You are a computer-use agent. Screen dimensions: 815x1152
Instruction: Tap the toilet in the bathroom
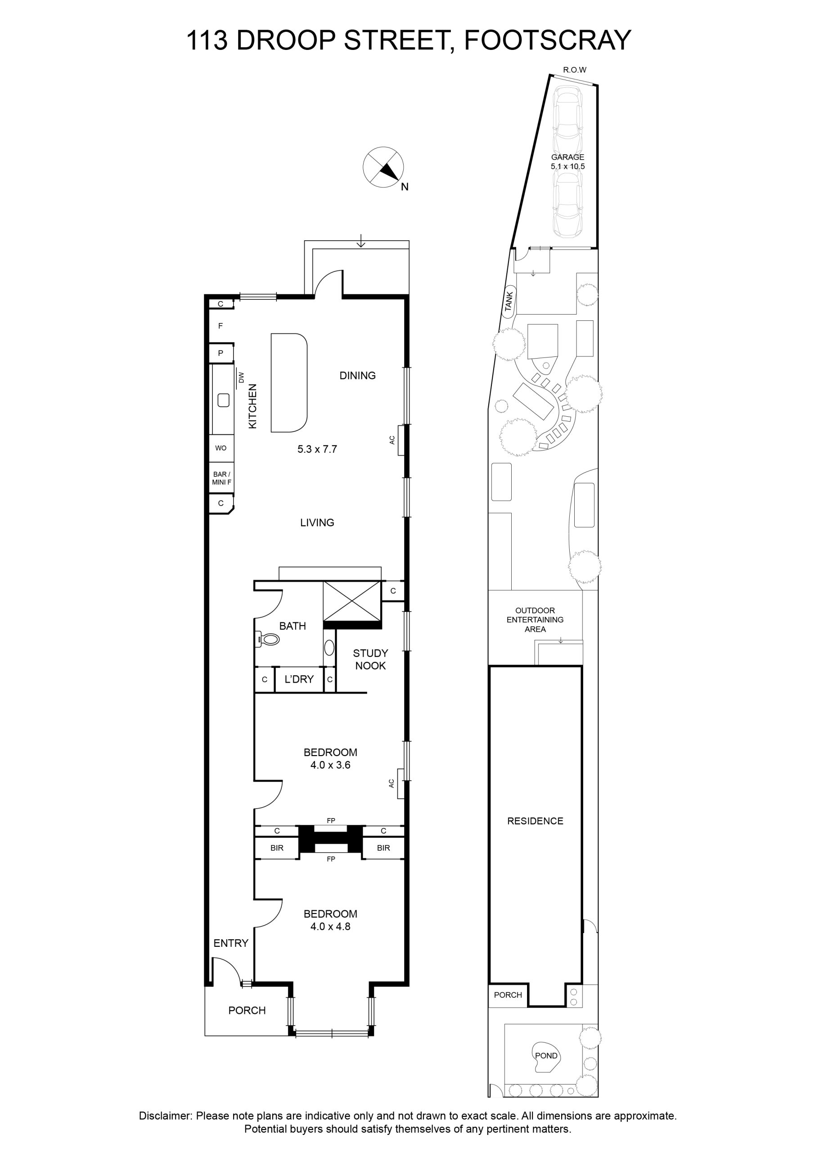pyautogui.click(x=267, y=639)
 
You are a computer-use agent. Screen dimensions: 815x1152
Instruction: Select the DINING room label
pyautogui.click(x=357, y=375)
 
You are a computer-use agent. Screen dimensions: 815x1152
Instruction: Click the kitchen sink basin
pyautogui.click(x=223, y=400)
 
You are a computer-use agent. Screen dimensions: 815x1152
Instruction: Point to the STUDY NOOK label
pyautogui.click(x=370, y=659)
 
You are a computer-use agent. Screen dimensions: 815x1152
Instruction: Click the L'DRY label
pyautogui.click(x=299, y=679)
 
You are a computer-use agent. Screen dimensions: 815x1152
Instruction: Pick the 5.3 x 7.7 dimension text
pyautogui.click(x=317, y=449)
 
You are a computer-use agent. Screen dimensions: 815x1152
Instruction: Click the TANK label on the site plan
pyautogui.click(x=509, y=301)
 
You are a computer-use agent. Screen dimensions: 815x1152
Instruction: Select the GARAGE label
pyautogui.click(x=567, y=157)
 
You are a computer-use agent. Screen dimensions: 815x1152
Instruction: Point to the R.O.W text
pyautogui.click(x=575, y=70)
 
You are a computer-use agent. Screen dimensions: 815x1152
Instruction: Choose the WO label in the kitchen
pyautogui.click(x=221, y=448)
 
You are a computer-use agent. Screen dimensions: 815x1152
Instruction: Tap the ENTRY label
pyautogui.click(x=231, y=943)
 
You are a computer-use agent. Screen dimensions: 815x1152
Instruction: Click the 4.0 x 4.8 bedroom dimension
pyautogui.click(x=330, y=927)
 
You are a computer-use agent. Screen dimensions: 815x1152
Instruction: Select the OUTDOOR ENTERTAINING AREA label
pyautogui.click(x=535, y=620)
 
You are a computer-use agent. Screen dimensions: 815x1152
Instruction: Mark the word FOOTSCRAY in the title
pyautogui.click(x=548, y=40)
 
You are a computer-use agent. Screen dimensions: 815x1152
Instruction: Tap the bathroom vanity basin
pyautogui.click(x=329, y=648)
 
